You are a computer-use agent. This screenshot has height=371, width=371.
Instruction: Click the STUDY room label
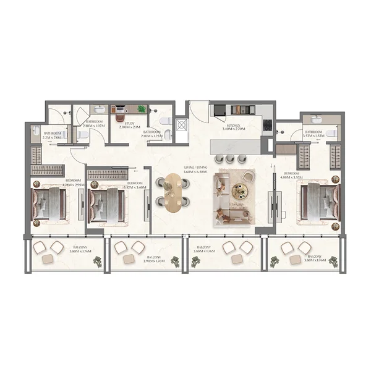(129, 123)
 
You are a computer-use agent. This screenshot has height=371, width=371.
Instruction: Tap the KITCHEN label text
(237, 124)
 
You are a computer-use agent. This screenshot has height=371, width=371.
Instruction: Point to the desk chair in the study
(120, 115)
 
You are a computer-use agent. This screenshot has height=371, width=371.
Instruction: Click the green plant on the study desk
(142, 109)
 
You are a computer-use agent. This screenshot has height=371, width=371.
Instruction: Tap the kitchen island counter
(235, 147)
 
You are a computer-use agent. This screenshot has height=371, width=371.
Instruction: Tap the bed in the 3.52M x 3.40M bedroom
(106, 203)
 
